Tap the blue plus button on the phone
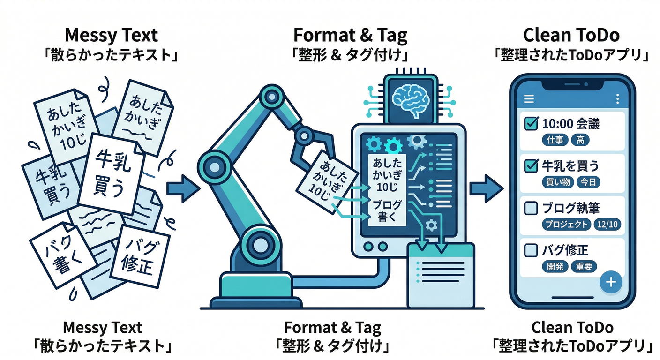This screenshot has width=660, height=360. tap(611, 282)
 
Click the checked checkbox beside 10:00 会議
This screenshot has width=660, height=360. tap(530, 124)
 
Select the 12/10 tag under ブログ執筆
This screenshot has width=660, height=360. tap(607, 225)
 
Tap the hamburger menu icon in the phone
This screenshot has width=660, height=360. tap(529, 99)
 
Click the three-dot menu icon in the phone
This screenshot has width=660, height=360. tap(617, 99)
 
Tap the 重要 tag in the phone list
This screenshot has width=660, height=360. tap(584, 267)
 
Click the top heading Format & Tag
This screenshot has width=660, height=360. tap(350, 35)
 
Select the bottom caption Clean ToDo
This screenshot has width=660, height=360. tap(572, 327)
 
